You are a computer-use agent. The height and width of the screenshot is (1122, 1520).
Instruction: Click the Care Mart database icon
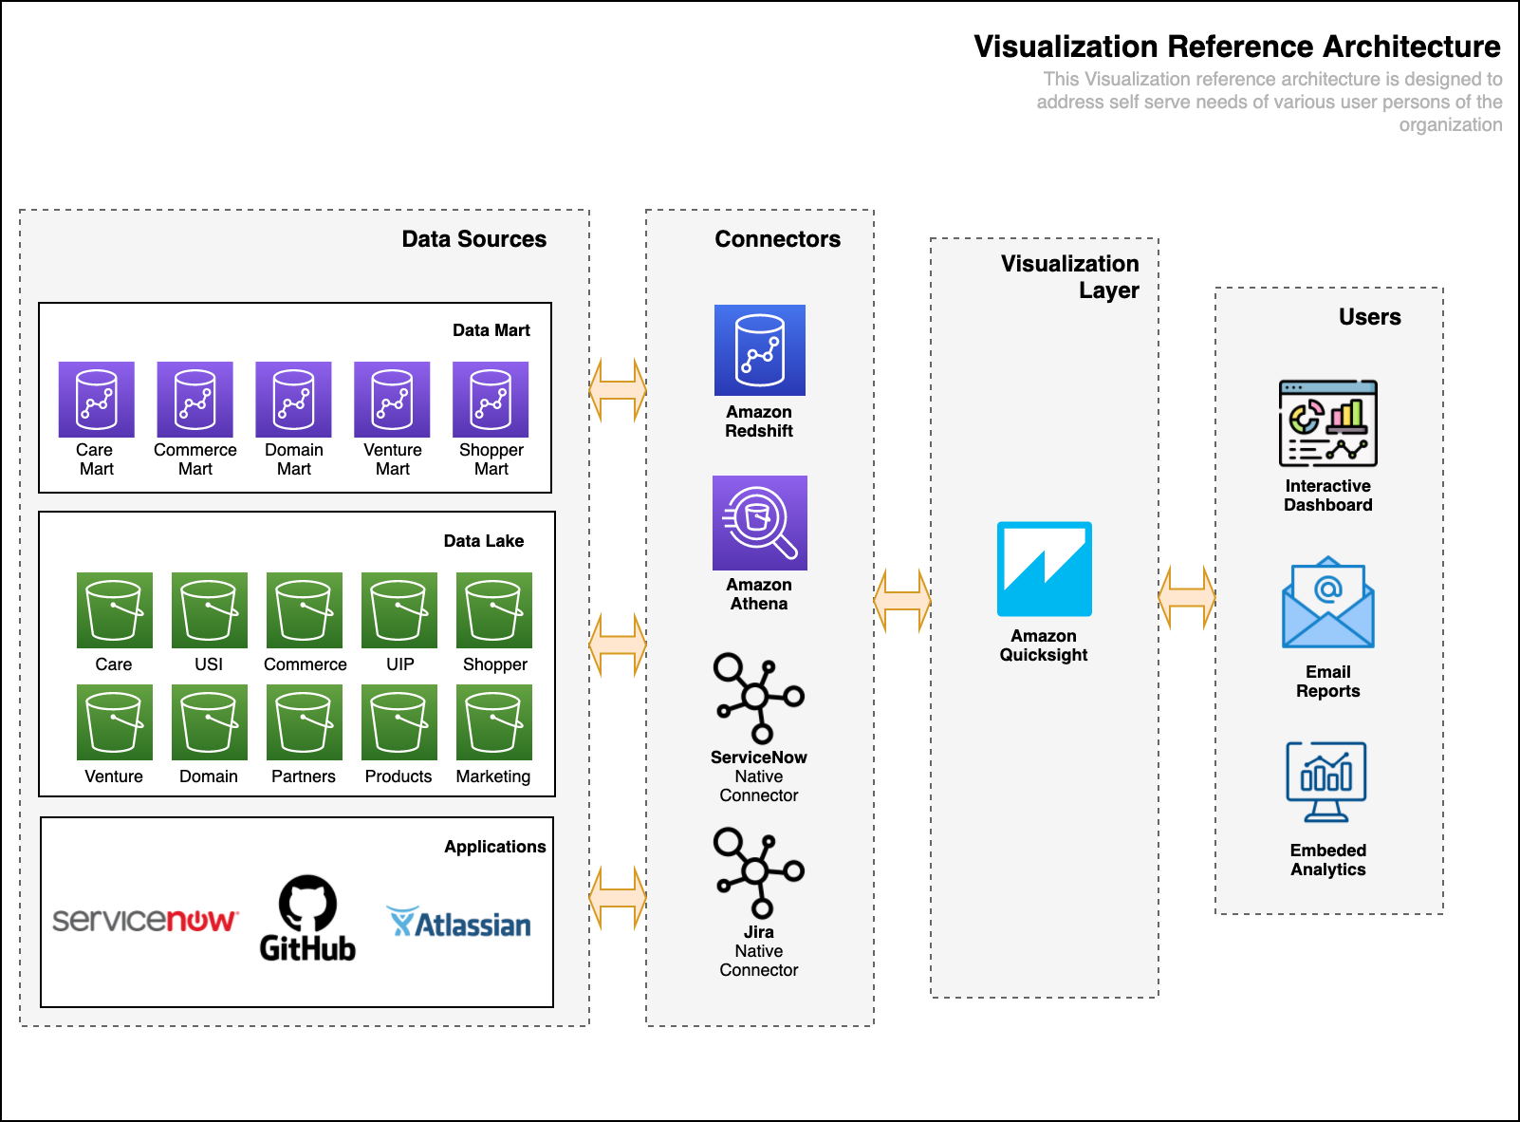[97, 399]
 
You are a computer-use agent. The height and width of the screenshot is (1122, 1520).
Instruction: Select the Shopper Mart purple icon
[491, 399]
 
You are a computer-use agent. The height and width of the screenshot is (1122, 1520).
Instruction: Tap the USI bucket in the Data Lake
[209, 609]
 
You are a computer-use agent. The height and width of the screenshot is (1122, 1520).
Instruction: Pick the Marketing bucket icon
[494, 722]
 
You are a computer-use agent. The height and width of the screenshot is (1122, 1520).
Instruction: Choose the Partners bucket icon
[305, 722]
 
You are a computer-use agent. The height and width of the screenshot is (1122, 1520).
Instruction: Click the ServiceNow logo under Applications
[146, 921]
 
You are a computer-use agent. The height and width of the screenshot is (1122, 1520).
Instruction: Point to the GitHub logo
[307, 918]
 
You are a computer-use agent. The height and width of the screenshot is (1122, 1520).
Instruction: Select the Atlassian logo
[458, 923]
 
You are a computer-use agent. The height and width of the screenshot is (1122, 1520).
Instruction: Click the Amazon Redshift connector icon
[759, 349]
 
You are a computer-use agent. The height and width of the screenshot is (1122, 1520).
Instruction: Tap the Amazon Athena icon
[759, 523]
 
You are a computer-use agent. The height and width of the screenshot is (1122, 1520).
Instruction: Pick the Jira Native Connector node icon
[758, 872]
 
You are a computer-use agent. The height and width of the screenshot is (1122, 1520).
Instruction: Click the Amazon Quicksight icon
[1044, 569]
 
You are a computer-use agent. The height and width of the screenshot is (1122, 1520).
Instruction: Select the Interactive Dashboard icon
[1327, 423]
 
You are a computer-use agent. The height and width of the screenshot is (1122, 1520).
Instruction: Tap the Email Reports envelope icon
[1327, 602]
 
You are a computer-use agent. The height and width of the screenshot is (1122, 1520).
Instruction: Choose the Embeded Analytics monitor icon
[1326, 782]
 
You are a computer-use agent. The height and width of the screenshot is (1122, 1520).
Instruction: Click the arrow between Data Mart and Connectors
[618, 389]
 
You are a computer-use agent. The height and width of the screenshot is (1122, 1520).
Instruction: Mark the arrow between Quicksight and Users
[1187, 597]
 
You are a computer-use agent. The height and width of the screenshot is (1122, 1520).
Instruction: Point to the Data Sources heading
[473, 238]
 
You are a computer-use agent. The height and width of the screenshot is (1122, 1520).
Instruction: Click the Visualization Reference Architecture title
[1237, 47]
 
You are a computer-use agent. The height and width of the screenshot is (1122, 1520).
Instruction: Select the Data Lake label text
[484, 540]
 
